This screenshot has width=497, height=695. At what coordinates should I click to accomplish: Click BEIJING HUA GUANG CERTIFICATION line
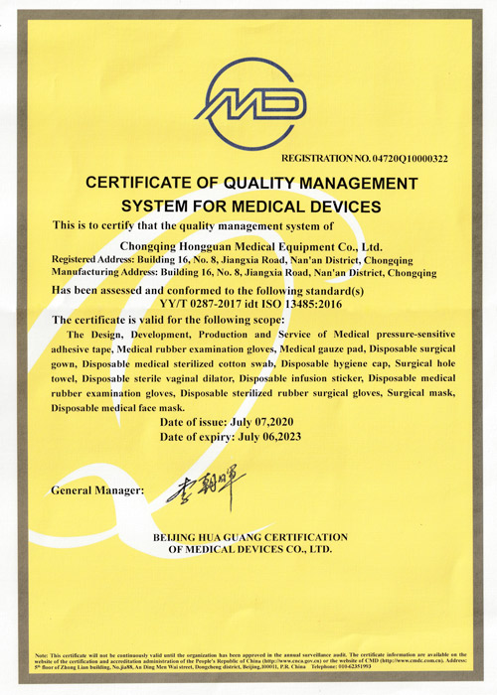(249, 536)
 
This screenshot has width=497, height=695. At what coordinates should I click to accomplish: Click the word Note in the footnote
(43, 655)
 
